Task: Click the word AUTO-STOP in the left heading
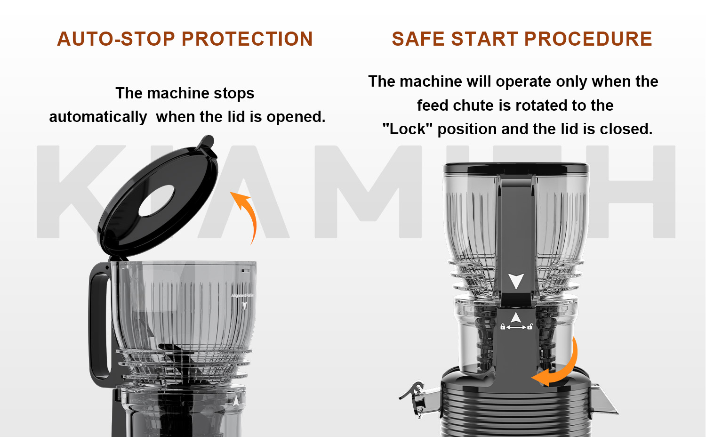click(x=116, y=39)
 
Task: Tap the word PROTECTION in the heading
click(x=247, y=39)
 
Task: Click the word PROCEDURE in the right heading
click(x=588, y=39)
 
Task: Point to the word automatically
click(x=98, y=117)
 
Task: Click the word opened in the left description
click(x=296, y=117)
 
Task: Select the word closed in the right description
click(x=626, y=129)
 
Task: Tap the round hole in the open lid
click(x=156, y=201)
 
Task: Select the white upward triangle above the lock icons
click(x=516, y=317)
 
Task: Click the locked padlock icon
click(x=503, y=327)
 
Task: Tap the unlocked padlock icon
click(x=530, y=326)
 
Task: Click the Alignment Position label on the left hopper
click(x=242, y=295)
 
